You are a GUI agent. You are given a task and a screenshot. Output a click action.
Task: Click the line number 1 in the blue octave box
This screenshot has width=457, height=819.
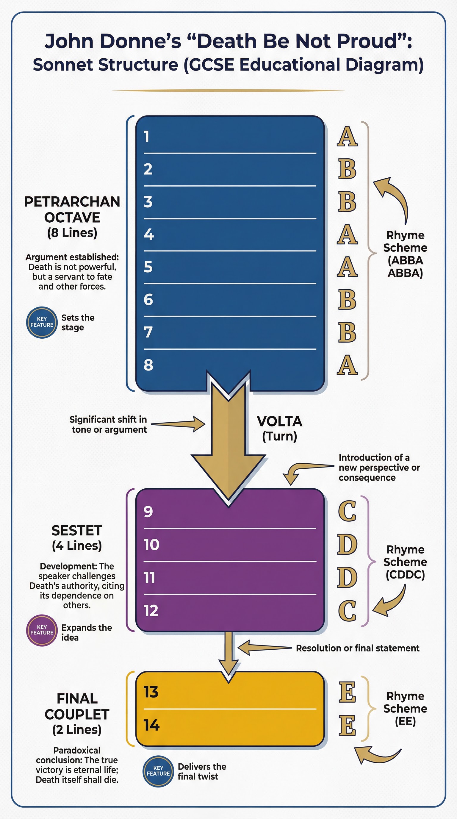[146, 137]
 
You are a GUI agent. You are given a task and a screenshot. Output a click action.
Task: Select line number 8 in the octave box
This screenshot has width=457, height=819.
[148, 365]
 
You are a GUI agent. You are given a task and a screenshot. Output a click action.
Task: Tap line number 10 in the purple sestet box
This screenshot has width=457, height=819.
[151, 545]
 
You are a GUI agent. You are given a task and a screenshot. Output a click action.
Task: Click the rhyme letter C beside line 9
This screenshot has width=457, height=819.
[347, 511]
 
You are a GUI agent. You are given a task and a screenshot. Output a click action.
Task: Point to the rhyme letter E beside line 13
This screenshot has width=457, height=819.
[347, 692]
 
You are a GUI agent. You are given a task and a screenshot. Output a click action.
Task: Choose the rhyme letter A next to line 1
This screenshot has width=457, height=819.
[347, 137]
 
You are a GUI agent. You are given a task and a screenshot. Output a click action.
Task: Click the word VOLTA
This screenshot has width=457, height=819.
[279, 422]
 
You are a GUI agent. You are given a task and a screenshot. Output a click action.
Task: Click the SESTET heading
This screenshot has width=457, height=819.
[77, 531]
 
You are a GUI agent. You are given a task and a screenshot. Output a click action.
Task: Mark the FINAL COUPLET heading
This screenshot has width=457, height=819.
[77, 707]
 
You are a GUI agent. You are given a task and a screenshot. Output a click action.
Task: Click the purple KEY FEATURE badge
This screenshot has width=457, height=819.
[42, 630]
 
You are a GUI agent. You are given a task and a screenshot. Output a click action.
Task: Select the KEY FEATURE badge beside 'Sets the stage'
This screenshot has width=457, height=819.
[42, 322]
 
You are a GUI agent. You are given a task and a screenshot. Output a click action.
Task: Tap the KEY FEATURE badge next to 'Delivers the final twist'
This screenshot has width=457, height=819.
[158, 771]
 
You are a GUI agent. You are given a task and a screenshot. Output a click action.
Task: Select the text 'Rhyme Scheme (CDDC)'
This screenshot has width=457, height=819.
[405, 562]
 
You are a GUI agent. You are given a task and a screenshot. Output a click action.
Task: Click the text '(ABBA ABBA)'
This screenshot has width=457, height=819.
[405, 266]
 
